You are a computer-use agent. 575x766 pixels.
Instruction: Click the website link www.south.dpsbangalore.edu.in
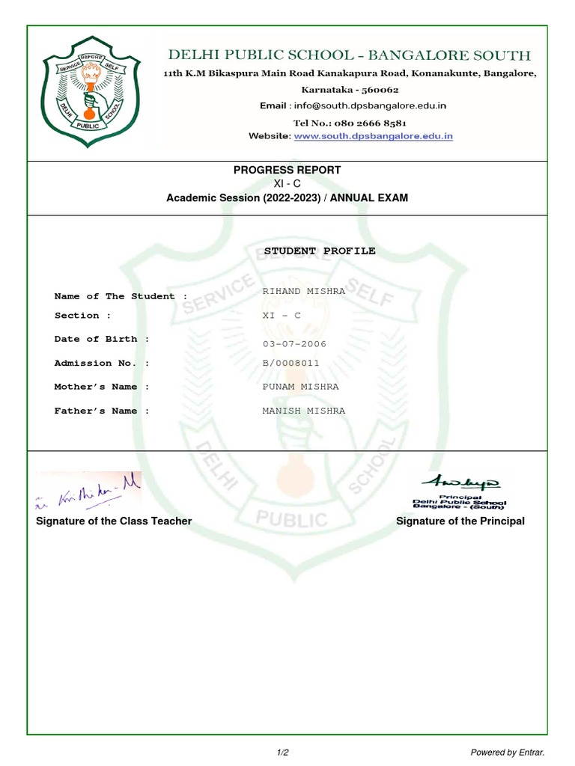tap(373, 136)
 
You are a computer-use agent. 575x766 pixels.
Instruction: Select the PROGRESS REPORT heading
tap(287, 170)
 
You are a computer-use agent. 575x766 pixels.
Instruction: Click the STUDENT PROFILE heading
tap(320, 251)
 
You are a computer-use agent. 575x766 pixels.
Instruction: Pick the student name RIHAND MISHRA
tap(303, 291)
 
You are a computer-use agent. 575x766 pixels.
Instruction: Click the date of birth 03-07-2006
tap(294, 344)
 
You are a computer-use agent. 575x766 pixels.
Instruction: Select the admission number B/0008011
tap(290, 363)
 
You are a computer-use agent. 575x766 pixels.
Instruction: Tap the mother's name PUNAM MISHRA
tap(300, 387)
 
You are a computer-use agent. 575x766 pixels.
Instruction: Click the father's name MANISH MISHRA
tap(303, 411)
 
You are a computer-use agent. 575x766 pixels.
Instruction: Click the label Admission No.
tap(102, 363)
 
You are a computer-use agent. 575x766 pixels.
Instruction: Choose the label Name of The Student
tap(121, 296)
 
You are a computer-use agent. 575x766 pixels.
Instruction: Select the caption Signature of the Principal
tap(460, 521)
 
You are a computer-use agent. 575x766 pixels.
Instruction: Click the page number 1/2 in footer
tap(282, 752)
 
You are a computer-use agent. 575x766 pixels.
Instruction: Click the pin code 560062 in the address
tap(371, 89)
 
